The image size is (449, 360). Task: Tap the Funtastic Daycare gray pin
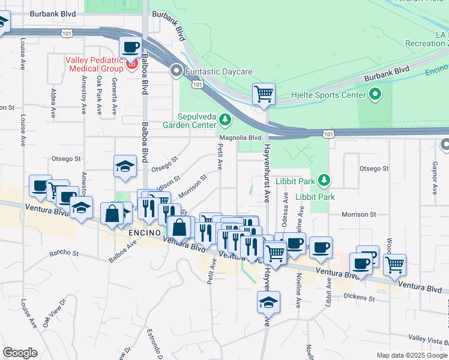click(x=176, y=71)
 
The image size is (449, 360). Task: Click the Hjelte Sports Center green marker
click(x=375, y=95)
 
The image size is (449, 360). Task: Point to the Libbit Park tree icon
click(x=324, y=180)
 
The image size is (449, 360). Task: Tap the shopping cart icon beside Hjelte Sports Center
click(x=264, y=94)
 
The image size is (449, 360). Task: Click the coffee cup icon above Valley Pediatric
click(x=130, y=47)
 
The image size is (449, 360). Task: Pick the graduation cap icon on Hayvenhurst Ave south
click(x=268, y=303)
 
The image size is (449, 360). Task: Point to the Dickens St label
click(x=359, y=298)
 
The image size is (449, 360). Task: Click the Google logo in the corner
click(x=20, y=353)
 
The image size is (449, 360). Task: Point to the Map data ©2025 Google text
click(x=411, y=355)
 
